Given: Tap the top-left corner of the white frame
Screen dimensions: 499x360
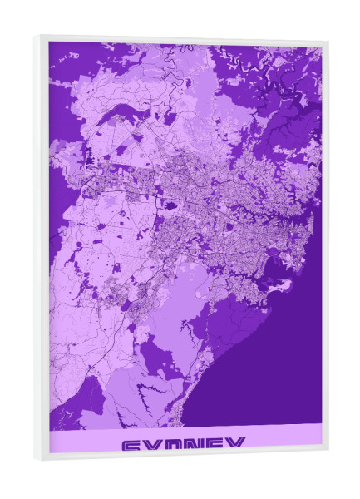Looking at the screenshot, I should tap(37, 35).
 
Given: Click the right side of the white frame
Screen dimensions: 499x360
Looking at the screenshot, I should tap(324, 249).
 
